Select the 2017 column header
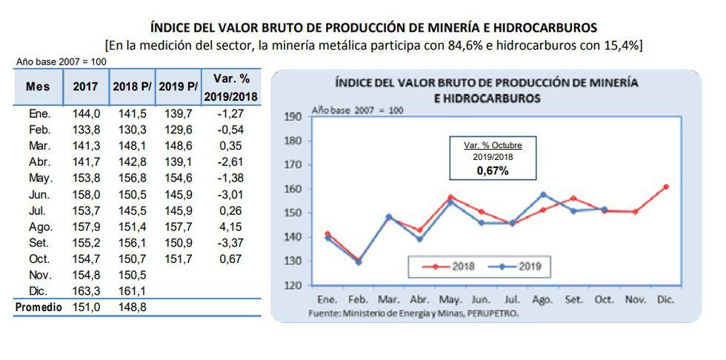coord(85,87)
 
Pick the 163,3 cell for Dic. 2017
coord(86,291)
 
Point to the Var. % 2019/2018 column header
coord(230,86)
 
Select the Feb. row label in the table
coord(39,129)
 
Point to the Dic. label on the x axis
coord(665,301)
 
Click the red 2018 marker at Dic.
coord(665,187)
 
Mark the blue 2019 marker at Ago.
coord(543,195)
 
